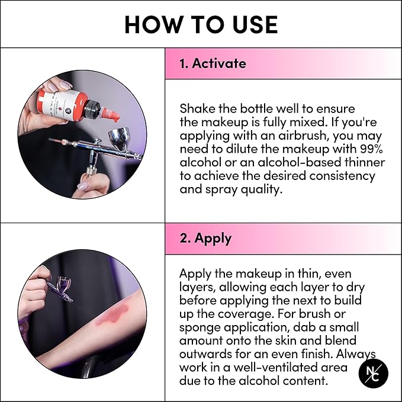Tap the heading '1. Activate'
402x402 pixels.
(213, 63)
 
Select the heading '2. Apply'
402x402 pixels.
(205, 239)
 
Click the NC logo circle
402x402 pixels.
(373, 373)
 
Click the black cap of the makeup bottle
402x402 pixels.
(92, 110)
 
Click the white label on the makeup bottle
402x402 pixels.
(64, 103)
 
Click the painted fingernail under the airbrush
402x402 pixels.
(82, 186)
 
